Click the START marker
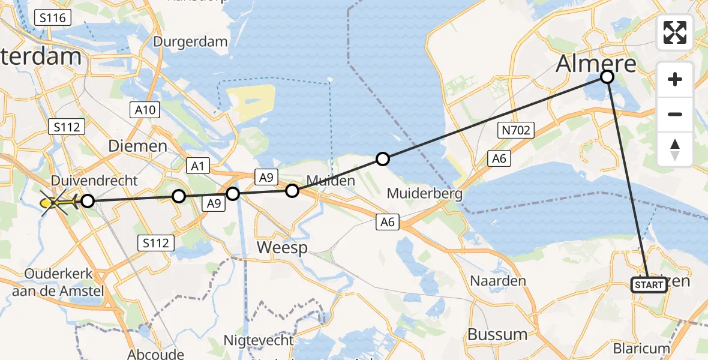click(x=649, y=285)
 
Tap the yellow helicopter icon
click(x=55, y=203)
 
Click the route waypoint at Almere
click(x=607, y=77)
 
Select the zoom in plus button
click(x=675, y=79)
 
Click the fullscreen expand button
click(x=675, y=32)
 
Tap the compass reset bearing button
click(x=675, y=149)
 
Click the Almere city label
click(x=596, y=63)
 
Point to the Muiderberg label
click(x=424, y=194)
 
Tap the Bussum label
click(x=497, y=334)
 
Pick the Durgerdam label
click(x=190, y=42)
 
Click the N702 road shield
click(x=515, y=130)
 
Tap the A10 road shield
click(x=145, y=109)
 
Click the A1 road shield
click(x=196, y=166)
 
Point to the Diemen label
click(x=137, y=146)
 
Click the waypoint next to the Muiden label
click(x=292, y=191)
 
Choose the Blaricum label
click(x=640, y=349)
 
